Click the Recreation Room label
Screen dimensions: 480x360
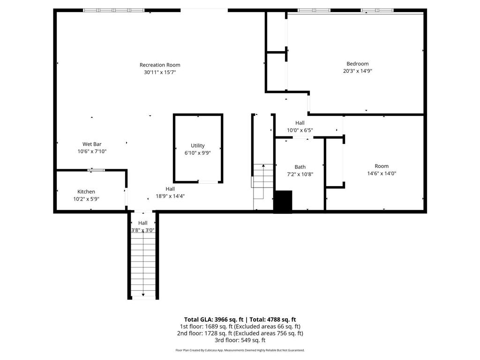(160, 65)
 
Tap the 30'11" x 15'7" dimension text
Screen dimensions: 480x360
(160, 72)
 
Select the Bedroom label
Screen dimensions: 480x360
(358, 64)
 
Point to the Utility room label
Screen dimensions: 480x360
(197, 146)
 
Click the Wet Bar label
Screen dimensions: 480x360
(92, 144)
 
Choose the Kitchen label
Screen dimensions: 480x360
(86, 192)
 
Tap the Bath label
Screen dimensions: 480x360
(300, 167)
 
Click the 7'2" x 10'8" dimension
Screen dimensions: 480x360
(300, 174)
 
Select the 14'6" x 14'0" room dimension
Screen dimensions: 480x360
(382, 173)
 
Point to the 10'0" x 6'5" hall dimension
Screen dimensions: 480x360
(300, 130)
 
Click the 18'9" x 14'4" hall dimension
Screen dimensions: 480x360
(170, 196)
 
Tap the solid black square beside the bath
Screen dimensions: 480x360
(283, 202)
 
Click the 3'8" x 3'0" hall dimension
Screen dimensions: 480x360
(142, 230)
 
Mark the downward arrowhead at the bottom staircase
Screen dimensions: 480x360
(143, 295)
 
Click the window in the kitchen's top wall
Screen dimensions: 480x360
(96, 170)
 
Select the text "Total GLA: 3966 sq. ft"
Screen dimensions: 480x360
(214, 320)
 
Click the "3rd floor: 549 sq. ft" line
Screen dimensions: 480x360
(240, 340)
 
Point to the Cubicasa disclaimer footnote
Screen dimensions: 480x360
(240, 350)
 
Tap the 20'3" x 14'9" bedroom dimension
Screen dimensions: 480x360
(358, 71)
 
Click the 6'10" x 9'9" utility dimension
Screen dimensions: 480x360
(197, 153)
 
